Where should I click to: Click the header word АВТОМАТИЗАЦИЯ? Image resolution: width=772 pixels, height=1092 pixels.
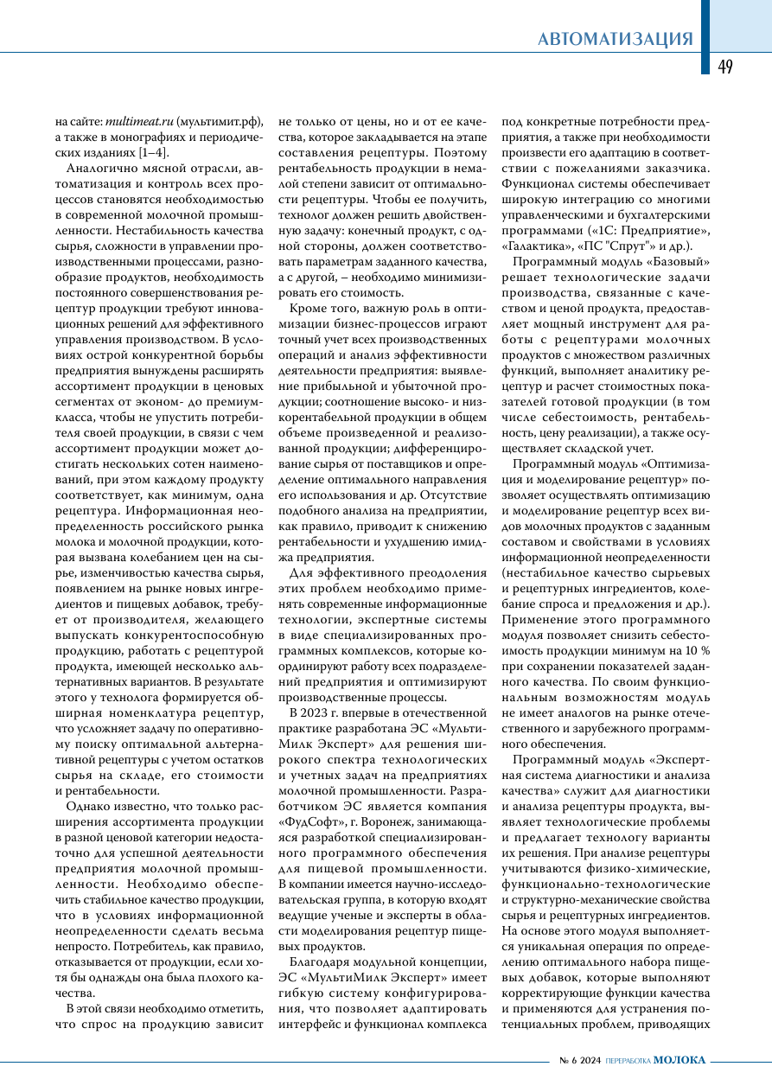coord(615,39)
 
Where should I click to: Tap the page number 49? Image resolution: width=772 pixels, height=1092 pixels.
coord(724,67)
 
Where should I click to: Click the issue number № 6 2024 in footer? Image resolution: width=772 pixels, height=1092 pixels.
coord(578,1061)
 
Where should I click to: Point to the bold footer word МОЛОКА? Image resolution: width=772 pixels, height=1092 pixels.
coord(679,1061)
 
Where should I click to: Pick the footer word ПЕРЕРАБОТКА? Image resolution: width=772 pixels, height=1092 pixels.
coord(628,1061)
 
